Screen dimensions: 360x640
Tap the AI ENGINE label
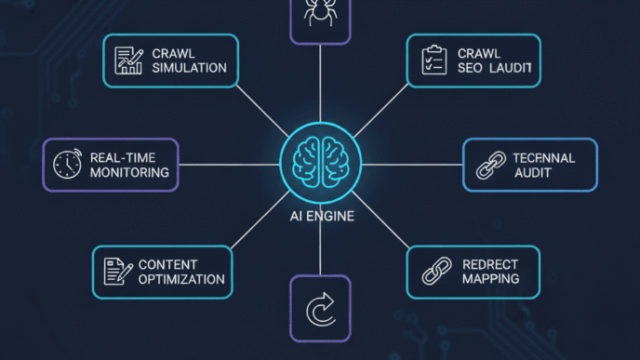click(320, 217)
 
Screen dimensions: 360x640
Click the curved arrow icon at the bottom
click(320, 309)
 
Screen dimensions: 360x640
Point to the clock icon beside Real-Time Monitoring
click(67, 165)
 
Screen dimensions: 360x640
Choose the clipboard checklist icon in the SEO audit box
click(431, 60)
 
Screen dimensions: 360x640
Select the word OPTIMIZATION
click(180, 279)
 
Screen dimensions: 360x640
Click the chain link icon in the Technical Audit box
click(488, 166)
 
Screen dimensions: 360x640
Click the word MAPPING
click(490, 279)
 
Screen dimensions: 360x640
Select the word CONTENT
click(168, 265)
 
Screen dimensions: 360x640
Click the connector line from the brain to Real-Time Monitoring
click(228, 166)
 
